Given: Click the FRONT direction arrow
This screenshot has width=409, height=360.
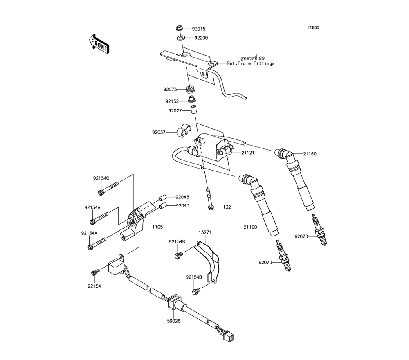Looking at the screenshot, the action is coord(99,43).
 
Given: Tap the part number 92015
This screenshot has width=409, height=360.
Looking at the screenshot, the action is coord(199,29).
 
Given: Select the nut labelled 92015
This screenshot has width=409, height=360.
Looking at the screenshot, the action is coord(179,27).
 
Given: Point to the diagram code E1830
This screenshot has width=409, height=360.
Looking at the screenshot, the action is coord(313,27).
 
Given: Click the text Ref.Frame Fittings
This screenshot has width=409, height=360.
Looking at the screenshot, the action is coord(251,63).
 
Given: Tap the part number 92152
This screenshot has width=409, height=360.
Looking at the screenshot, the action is coord(172,101).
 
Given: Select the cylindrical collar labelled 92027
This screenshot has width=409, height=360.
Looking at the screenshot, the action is coord(193,110).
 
